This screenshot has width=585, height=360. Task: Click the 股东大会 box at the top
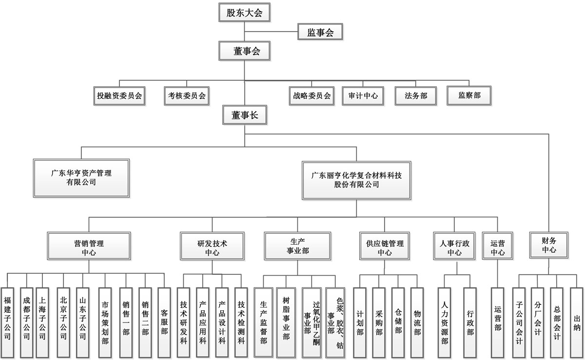pyautogui.click(x=244, y=13)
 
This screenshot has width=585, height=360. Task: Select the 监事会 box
pyautogui.click(x=320, y=32)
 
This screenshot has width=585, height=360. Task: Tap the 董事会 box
pyautogui.click(x=244, y=51)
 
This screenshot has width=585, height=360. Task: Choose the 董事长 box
pyautogui.click(x=245, y=115)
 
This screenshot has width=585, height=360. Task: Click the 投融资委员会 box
pyautogui.click(x=119, y=96)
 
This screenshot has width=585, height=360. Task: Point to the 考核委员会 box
pyautogui.click(x=187, y=96)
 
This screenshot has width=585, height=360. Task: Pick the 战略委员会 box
pyautogui.click(x=312, y=96)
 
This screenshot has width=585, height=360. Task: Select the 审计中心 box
pyautogui.click(x=363, y=96)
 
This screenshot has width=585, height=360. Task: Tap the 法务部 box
pyautogui.click(x=416, y=96)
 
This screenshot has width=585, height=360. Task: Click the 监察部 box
pyautogui.click(x=469, y=95)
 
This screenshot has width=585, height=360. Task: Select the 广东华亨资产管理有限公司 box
pyautogui.click(x=81, y=178)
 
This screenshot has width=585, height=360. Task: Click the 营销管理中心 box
pyautogui.click(x=89, y=246)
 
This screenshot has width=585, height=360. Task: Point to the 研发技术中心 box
pyautogui.click(x=212, y=246)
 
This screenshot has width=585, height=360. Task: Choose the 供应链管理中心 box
pyautogui.click(x=385, y=246)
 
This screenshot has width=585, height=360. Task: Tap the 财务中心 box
pyautogui.click(x=549, y=245)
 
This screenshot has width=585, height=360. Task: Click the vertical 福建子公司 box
pyautogui.click(x=7, y=322)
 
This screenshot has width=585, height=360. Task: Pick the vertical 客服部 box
pyautogui.click(x=164, y=322)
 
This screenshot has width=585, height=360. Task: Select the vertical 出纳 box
pyautogui.click(x=577, y=322)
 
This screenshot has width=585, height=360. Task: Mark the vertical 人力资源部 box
pyautogui.click(x=444, y=322)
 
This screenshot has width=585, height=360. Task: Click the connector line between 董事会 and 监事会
pyautogui.click(x=271, y=32)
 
